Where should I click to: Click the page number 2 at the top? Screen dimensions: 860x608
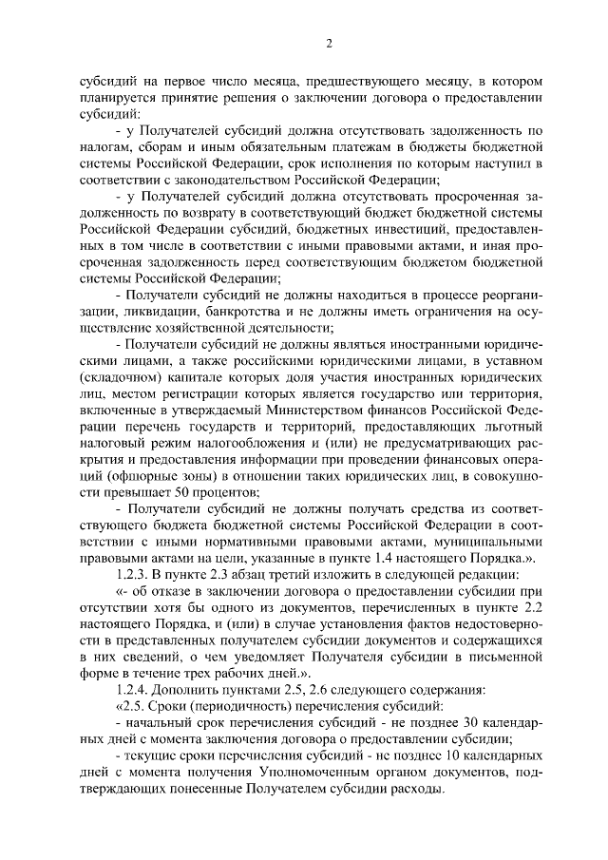point(328,44)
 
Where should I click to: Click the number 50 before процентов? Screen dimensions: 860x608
point(181,492)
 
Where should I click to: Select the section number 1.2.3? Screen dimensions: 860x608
point(133,575)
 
